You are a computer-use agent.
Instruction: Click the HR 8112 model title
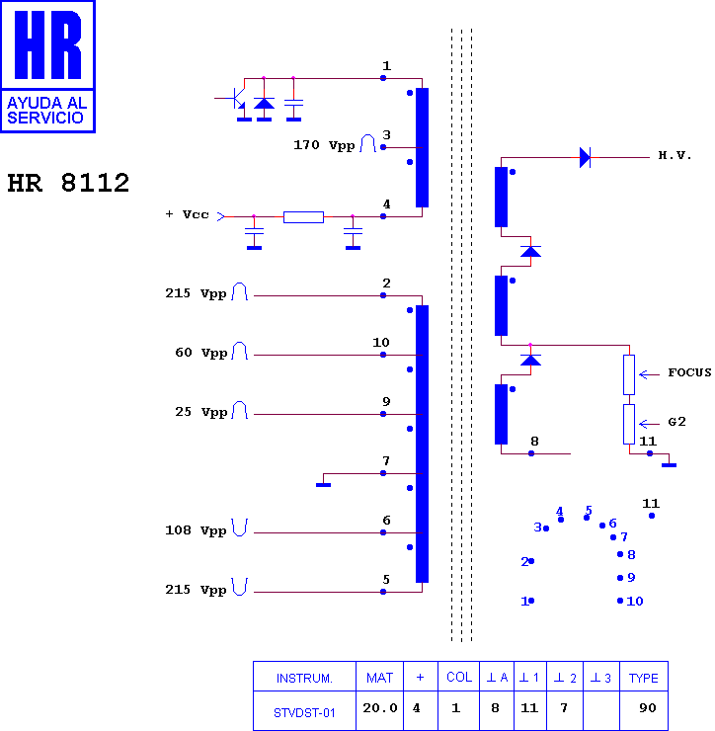[x=68, y=183]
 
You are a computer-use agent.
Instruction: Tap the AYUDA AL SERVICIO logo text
[x=47, y=110]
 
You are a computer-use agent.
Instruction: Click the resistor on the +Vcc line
[x=303, y=216]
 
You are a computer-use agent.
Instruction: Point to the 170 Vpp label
[x=324, y=145]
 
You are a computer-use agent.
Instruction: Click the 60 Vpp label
[x=200, y=353]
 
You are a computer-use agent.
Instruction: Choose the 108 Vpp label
[x=196, y=530]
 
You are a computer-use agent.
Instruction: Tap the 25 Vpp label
[x=200, y=412]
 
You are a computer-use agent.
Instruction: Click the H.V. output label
[x=674, y=155]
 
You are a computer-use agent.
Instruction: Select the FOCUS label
[x=690, y=372]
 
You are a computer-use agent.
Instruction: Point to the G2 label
[x=676, y=422]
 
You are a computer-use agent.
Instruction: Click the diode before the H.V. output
[x=585, y=158]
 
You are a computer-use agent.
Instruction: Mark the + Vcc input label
[x=187, y=214]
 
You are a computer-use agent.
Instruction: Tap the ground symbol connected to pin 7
[x=324, y=485]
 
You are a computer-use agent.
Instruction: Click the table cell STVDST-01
[x=304, y=713]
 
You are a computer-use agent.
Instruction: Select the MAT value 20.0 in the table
[x=380, y=707]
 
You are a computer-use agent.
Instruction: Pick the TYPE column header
[x=643, y=678]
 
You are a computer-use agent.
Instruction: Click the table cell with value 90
[x=648, y=707]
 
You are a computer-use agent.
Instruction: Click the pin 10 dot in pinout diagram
[x=620, y=601]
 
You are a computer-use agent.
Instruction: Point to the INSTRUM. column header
[x=304, y=678]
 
